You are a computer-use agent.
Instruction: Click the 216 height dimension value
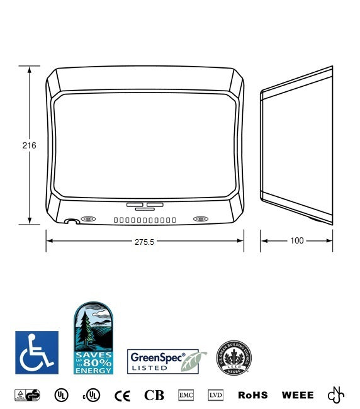point(29,145)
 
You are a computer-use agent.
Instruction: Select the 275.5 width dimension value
point(144,242)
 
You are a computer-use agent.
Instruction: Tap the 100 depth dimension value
point(296,241)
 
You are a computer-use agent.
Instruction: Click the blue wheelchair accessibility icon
point(37,352)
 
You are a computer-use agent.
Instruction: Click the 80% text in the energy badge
point(99,362)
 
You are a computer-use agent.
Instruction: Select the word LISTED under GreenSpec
point(145,367)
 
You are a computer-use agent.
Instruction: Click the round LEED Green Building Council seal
point(234,357)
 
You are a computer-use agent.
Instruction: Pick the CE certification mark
point(122,396)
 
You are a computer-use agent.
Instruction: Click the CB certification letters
point(154,396)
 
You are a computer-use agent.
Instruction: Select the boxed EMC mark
point(186,395)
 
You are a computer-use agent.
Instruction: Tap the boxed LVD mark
point(216,395)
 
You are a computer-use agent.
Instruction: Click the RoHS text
point(253,396)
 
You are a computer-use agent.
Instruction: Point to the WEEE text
point(298,396)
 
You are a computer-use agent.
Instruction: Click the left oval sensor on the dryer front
point(89,220)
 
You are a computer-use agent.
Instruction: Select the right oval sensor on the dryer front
point(201,219)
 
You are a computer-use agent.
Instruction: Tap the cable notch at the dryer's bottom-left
point(71,221)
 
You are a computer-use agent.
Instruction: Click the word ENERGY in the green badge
point(93,371)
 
